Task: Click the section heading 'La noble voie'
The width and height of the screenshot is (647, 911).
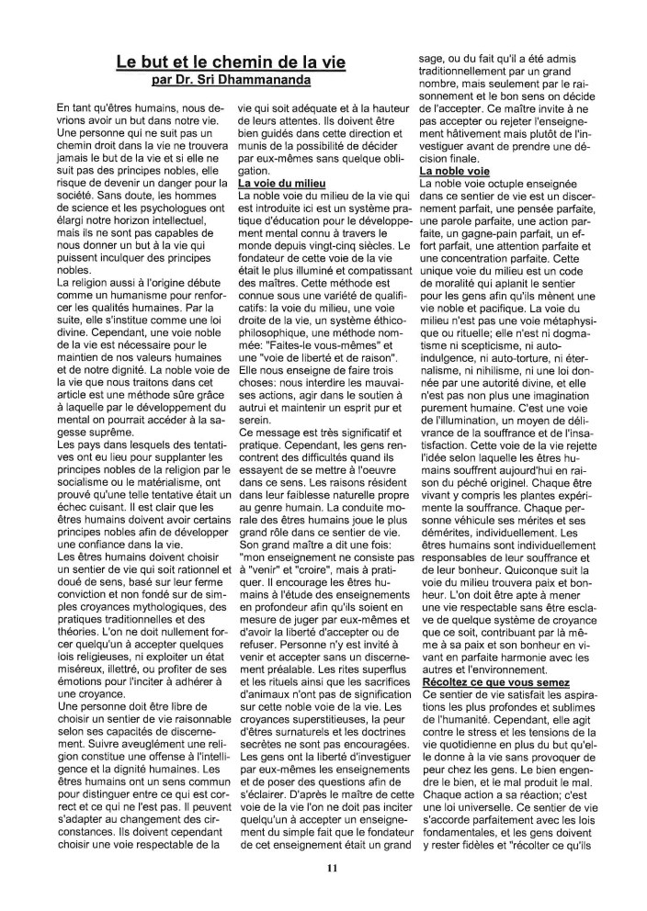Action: tap(458, 171)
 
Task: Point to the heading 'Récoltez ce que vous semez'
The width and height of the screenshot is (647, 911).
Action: tap(496, 683)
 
